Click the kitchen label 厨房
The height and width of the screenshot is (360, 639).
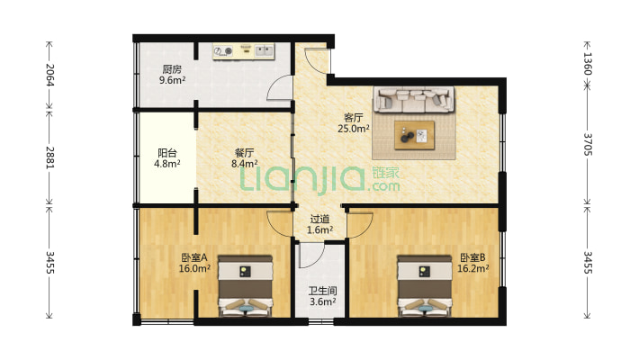pos(172,69)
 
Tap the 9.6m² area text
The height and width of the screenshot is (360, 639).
pos(172,80)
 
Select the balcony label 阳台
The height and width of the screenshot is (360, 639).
pos(167,153)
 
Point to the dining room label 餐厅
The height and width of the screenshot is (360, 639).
pos(244,153)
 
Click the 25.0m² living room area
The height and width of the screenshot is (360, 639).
pos(354,129)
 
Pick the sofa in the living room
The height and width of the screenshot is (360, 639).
pos(414,99)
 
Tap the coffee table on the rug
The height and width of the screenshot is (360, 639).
pos(414,135)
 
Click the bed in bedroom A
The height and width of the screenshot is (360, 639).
pos(246,286)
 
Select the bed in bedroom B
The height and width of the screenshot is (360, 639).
pos(425,286)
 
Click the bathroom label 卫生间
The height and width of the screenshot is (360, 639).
pos(322,291)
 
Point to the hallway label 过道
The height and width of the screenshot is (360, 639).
pos(319,220)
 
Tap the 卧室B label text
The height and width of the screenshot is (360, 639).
pos(472,257)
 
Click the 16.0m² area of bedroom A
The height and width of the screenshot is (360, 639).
pos(194,268)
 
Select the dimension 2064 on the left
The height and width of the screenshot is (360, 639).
pos(49,75)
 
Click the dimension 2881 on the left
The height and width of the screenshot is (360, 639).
pos(49,157)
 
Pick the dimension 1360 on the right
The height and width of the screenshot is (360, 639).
pos(587,63)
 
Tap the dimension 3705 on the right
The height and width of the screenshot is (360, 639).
pos(587,144)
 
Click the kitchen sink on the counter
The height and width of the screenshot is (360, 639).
pos(264,51)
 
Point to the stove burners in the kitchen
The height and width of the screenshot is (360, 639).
pos(223,51)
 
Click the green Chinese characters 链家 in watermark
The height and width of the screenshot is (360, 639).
pos(385,173)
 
